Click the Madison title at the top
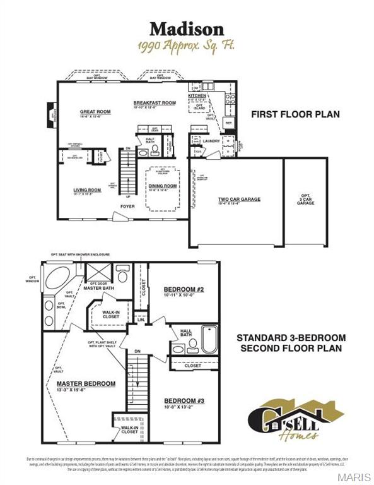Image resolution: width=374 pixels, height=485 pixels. click(186, 29)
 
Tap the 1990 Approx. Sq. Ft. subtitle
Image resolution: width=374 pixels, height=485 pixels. click(186, 46)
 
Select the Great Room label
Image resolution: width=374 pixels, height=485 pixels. click(95, 112)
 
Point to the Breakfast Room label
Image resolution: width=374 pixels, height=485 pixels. click(154, 102)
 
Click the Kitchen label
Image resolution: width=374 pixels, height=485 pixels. click(197, 95)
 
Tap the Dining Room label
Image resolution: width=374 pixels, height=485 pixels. click(162, 186)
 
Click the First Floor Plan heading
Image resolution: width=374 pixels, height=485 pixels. click(295, 114)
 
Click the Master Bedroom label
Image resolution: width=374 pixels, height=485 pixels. click(86, 383)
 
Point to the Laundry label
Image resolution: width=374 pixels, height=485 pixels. click(212, 141)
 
